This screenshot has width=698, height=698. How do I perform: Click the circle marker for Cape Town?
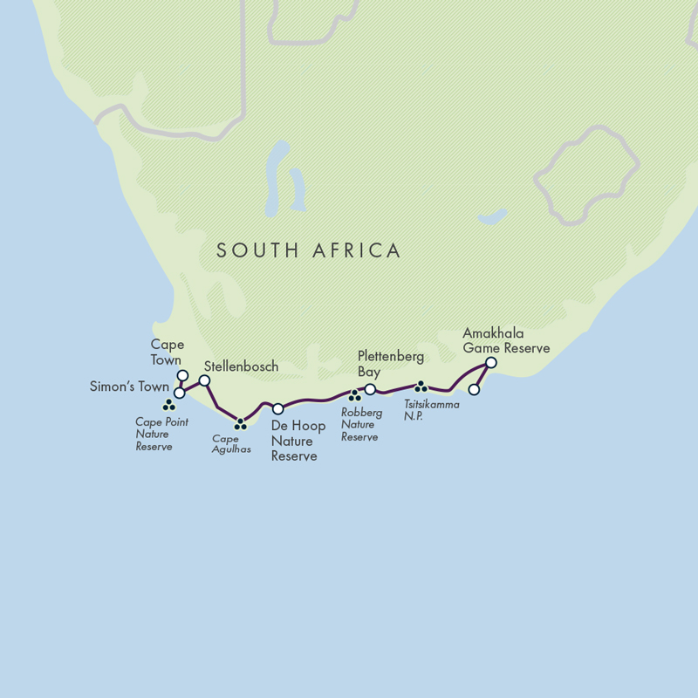[x=182, y=376]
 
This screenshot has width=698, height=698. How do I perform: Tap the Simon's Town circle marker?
[x=179, y=393]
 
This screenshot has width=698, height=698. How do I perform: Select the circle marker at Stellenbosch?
[x=204, y=380]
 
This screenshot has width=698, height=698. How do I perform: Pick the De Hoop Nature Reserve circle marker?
[x=277, y=408]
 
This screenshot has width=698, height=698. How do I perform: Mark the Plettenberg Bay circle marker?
[x=370, y=389]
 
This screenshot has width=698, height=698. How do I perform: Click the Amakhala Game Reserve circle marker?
[x=490, y=362]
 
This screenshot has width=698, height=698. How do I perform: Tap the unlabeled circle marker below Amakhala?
[x=474, y=389]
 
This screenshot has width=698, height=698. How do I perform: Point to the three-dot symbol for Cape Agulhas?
[x=240, y=425]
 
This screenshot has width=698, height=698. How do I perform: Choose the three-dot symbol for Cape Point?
[x=168, y=406]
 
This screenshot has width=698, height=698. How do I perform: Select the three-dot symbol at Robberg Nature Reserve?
[x=354, y=396]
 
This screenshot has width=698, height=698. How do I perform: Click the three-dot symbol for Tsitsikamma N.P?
[x=420, y=386]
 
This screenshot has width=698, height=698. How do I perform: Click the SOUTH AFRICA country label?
[x=309, y=251]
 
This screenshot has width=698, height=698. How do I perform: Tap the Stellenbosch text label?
[x=241, y=366]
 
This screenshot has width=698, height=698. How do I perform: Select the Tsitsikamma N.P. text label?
[x=431, y=410]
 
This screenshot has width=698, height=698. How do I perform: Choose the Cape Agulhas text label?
[x=231, y=444]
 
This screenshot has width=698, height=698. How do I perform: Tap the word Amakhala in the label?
[x=494, y=334]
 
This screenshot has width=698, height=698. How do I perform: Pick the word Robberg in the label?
[x=361, y=413]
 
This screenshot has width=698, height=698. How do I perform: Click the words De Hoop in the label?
[x=298, y=426]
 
